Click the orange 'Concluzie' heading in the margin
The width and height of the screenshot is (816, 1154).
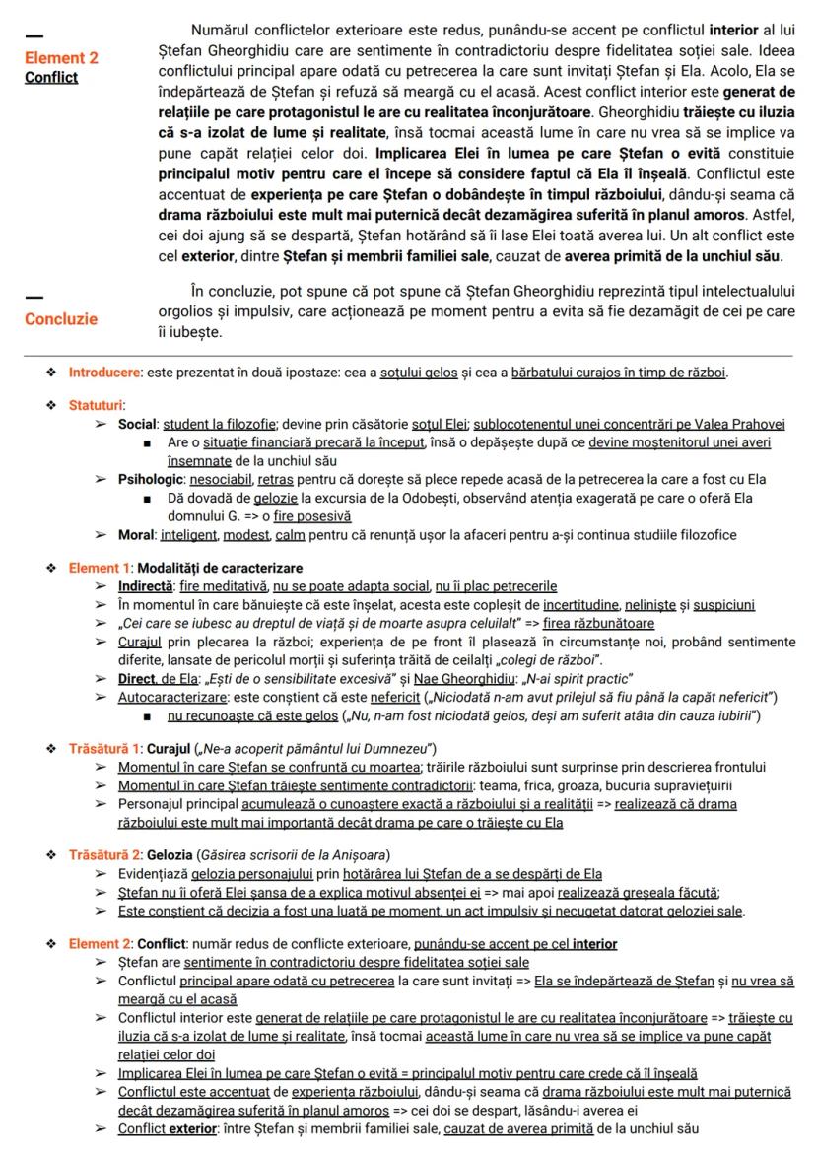point(61,319)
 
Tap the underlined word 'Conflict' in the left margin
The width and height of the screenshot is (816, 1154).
point(51,77)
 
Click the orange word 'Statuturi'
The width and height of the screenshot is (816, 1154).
point(97,404)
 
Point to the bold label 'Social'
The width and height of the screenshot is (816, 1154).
point(138,424)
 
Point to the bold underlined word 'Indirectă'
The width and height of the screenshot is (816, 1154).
point(147,586)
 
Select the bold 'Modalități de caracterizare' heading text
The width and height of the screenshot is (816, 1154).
point(220,568)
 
